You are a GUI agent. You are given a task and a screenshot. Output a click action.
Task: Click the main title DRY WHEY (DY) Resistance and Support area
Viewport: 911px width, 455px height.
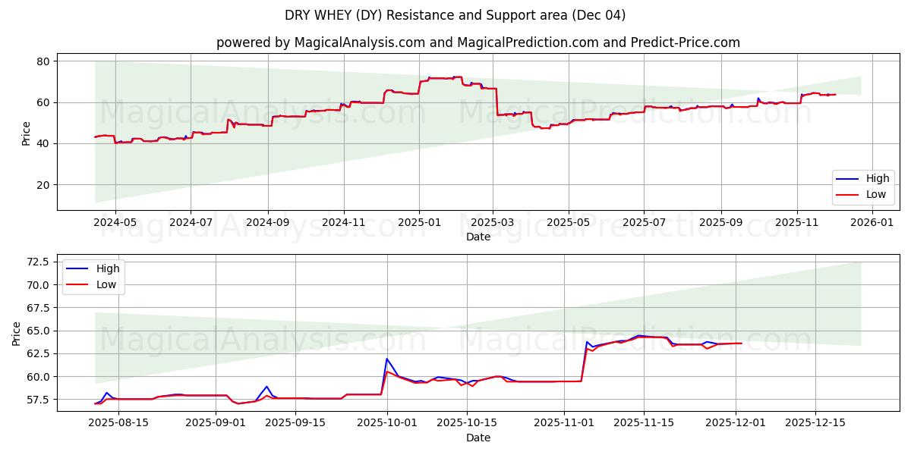click(x=455, y=15)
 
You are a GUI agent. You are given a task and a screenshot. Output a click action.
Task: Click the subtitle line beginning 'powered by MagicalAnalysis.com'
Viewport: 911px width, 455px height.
click(x=478, y=42)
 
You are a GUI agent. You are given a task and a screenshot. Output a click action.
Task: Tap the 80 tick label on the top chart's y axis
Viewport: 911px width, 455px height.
click(x=43, y=61)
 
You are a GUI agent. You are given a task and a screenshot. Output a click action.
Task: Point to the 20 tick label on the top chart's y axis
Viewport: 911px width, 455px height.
click(x=43, y=185)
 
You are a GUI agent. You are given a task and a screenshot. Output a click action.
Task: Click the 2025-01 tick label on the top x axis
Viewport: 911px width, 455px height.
click(x=419, y=223)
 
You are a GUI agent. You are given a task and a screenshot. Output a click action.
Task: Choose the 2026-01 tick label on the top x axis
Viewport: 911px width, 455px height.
click(x=872, y=223)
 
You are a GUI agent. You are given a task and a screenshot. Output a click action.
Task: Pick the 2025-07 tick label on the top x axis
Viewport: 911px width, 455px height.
click(x=644, y=223)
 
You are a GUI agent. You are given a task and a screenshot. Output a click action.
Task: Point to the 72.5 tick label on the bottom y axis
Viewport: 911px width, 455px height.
click(x=37, y=262)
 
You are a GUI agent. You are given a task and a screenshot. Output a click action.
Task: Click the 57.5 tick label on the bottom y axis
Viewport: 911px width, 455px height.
click(x=37, y=400)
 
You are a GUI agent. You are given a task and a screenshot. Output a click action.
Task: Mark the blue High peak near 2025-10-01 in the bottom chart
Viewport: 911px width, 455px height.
click(x=387, y=359)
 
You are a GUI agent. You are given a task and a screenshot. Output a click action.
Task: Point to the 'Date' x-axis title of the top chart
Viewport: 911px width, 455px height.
click(x=478, y=237)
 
